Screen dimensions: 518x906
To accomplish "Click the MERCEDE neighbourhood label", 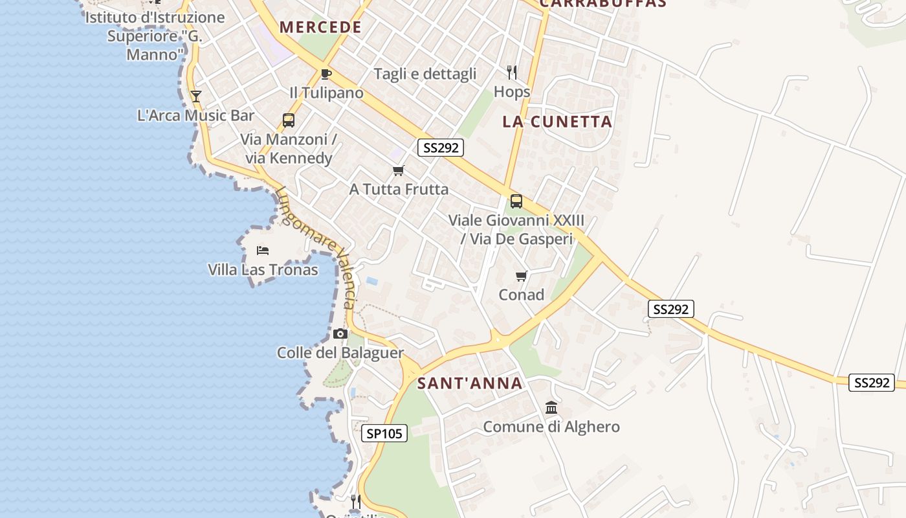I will pos(320,27).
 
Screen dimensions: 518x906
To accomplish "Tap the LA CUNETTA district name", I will pos(557,122).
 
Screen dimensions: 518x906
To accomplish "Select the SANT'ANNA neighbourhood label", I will pos(470,383).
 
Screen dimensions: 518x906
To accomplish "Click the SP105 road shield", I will pos(384,434).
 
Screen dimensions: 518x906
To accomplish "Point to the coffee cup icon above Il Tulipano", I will pos(326,74).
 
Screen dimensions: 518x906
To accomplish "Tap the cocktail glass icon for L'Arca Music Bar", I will pos(196,96).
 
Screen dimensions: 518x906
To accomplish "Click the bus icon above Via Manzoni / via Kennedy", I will pos(289,120).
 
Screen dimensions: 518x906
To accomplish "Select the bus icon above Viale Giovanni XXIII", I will pos(516,201).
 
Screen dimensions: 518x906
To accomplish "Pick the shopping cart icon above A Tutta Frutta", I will pos(399,171).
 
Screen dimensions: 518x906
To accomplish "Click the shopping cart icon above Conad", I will pos(522,276).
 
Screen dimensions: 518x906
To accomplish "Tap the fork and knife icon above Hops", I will pos(512,72).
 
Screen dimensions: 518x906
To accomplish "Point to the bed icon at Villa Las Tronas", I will pos(263,251).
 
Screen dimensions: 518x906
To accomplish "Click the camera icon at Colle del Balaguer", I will pos(340,334).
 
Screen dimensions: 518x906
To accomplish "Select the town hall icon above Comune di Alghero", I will pos(551,408).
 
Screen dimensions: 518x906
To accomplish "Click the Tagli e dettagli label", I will pos(425,74).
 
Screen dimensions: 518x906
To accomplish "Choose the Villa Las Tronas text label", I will pos(263,269).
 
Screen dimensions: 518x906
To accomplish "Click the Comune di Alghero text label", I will pos(551,427).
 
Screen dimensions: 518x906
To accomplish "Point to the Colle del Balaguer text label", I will pos(340,353).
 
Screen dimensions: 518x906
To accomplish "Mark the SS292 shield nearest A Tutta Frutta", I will pos(441,148).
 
